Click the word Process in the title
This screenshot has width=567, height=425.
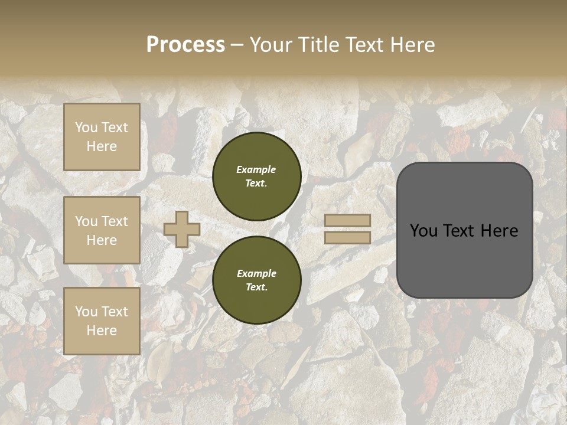pyautogui.click(x=185, y=45)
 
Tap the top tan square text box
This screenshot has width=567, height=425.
pyautogui.click(x=102, y=137)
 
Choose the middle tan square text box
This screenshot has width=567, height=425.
pyautogui.click(x=102, y=230)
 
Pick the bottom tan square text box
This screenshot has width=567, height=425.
pyautogui.click(x=102, y=321)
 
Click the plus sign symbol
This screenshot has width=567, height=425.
pyautogui.click(x=182, y=229)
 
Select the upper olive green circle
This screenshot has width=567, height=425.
pyautogui.click(x=257, y=176)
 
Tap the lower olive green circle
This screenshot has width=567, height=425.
pyautogui.click(x=257, y=280)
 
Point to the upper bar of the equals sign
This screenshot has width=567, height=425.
pyautogui.click(x=348, y=220)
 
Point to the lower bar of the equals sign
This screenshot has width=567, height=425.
pyautogui.click(x=348, y=237)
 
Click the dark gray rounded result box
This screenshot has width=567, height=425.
pyautogui.click(x=465, y=230)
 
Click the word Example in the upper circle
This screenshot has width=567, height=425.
pyautogui.click(x=256, y=169)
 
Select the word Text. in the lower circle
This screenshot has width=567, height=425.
pyautogui.click(x=256, y=287)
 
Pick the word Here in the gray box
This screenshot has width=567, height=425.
pyautogui.click(x=499, y=231)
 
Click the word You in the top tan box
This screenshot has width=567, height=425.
pyautogui.click(x=86, y=127)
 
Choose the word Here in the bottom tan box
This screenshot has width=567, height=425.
pyautogui.click(x=102, y=331)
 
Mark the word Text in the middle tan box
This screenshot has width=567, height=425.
pyautogui.click(x=114, y=221)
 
